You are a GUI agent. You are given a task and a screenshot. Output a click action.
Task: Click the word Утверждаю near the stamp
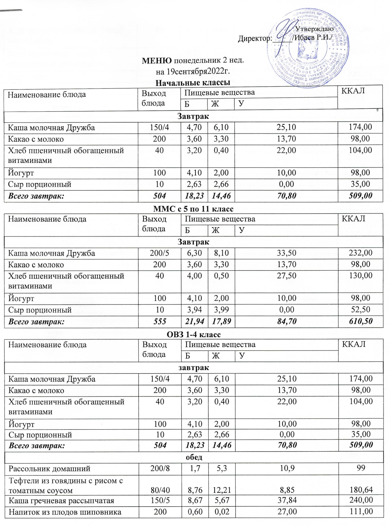(x=314, y=29)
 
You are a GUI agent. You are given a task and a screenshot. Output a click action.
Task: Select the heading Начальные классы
(x=193, y=83)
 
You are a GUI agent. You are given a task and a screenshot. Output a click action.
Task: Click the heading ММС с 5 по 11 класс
(x=193, y=209)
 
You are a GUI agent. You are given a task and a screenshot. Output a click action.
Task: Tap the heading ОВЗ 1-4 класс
(x=194, y=334)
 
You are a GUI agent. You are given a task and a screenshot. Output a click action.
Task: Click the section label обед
(x=194, y=457)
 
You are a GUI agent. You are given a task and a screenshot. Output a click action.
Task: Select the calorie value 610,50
(x=361, y=321)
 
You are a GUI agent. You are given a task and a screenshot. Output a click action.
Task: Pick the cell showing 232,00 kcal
(x=361, y=253)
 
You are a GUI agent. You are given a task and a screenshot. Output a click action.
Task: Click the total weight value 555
(x=160, y=321)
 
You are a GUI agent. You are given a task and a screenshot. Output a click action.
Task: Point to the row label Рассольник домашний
(x=49, y=469)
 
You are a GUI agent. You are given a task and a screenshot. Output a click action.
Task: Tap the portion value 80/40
(x=160, y=490)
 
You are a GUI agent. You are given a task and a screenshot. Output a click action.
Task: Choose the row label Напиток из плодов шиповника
(x=65, y=512)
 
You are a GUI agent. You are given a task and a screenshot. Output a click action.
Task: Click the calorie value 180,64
(x=361, y=490)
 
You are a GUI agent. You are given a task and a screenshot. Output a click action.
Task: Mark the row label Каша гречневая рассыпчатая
(x=61, y=501)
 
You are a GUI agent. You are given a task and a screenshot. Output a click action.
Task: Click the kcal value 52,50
(x=361, y=310)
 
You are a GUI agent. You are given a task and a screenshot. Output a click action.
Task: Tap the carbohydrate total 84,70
(x=287, y=321)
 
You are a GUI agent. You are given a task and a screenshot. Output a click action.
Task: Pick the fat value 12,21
(x=222, y=490)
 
